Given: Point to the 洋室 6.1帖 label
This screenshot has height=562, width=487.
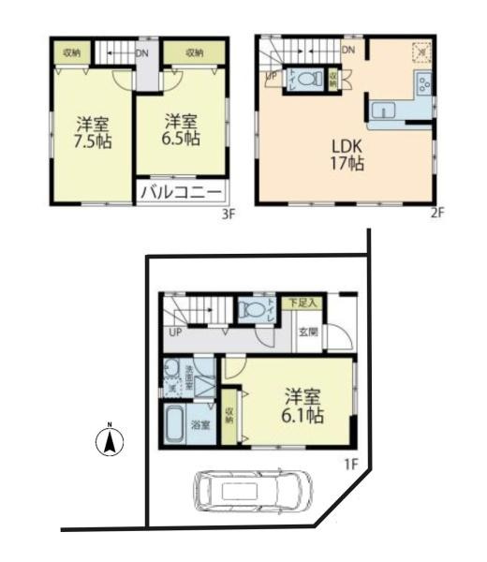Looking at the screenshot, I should tap(300, 405).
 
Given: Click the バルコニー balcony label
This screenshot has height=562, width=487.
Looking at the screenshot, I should tap(182, 194).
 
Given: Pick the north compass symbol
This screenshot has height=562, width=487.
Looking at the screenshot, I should tap(111, 441).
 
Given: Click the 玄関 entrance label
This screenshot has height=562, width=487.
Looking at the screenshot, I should tap(308, 332).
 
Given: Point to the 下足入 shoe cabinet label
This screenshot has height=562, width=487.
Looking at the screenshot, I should tap(303, 303).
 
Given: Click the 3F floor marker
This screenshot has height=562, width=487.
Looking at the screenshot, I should tap(226, 213).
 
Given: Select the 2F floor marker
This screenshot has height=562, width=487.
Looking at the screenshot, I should tap(435, 213).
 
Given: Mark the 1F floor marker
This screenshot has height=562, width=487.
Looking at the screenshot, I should tap(349, 463).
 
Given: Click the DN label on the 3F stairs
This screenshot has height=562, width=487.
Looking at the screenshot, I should tap(140, 53).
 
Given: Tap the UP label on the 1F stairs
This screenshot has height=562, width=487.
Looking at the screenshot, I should tap(175, 333).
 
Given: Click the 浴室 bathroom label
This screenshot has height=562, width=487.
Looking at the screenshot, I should tap(200, 424).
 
